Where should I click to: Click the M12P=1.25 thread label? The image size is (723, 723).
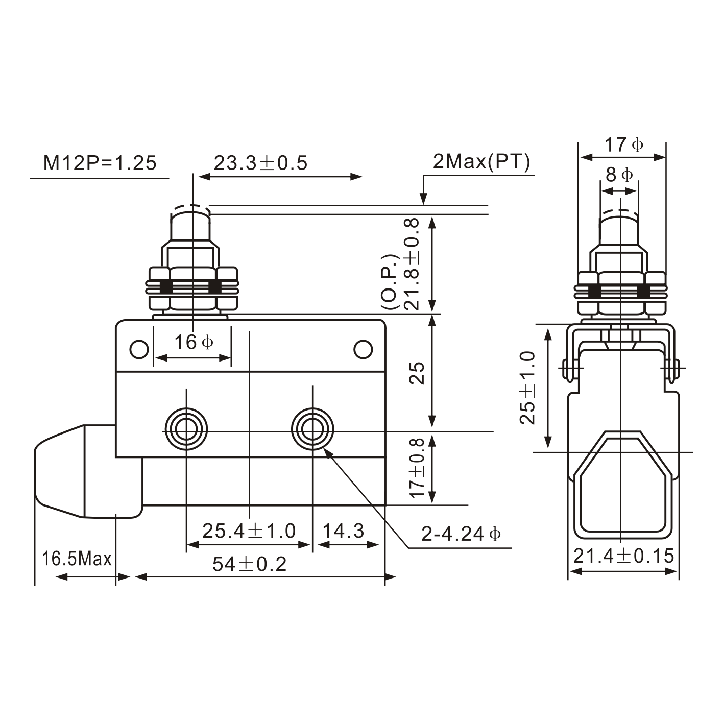pos(100,163)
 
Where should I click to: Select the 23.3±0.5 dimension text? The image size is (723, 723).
pos(260,163)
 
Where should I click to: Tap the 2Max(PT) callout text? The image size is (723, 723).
pos(481,161)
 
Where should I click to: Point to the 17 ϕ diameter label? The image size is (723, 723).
pos(623,144)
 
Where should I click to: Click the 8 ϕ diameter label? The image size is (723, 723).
pos(619,175)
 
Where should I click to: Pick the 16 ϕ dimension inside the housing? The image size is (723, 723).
pos(194,342)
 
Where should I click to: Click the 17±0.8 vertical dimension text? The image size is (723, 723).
pos(417,468)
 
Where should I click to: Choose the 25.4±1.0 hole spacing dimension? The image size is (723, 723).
pos(249,531)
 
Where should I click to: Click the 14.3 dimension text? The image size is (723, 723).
pos(343,531)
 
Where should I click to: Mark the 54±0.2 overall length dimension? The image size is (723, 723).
pos(249,564)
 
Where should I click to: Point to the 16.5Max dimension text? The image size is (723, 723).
pos(76,559)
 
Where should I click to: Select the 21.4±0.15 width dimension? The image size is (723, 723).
pos(623,556)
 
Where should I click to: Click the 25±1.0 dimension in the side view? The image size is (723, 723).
pos(527,388)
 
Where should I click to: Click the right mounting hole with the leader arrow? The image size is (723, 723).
pos(312,428)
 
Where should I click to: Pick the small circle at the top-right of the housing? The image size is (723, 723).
pos(363,350)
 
